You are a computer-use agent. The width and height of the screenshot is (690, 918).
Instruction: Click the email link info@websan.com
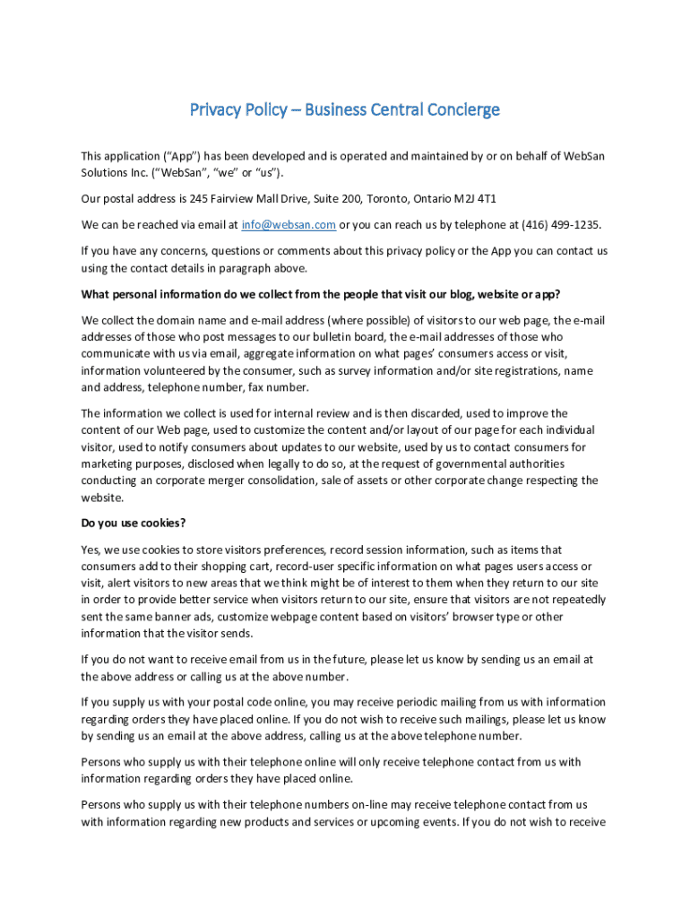(289, 225)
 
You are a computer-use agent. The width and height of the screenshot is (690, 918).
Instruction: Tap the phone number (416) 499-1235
(556, 225)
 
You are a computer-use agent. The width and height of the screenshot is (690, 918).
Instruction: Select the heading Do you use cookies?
(134, 523)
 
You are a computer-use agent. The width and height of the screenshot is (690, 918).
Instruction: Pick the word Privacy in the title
(216, 109)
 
